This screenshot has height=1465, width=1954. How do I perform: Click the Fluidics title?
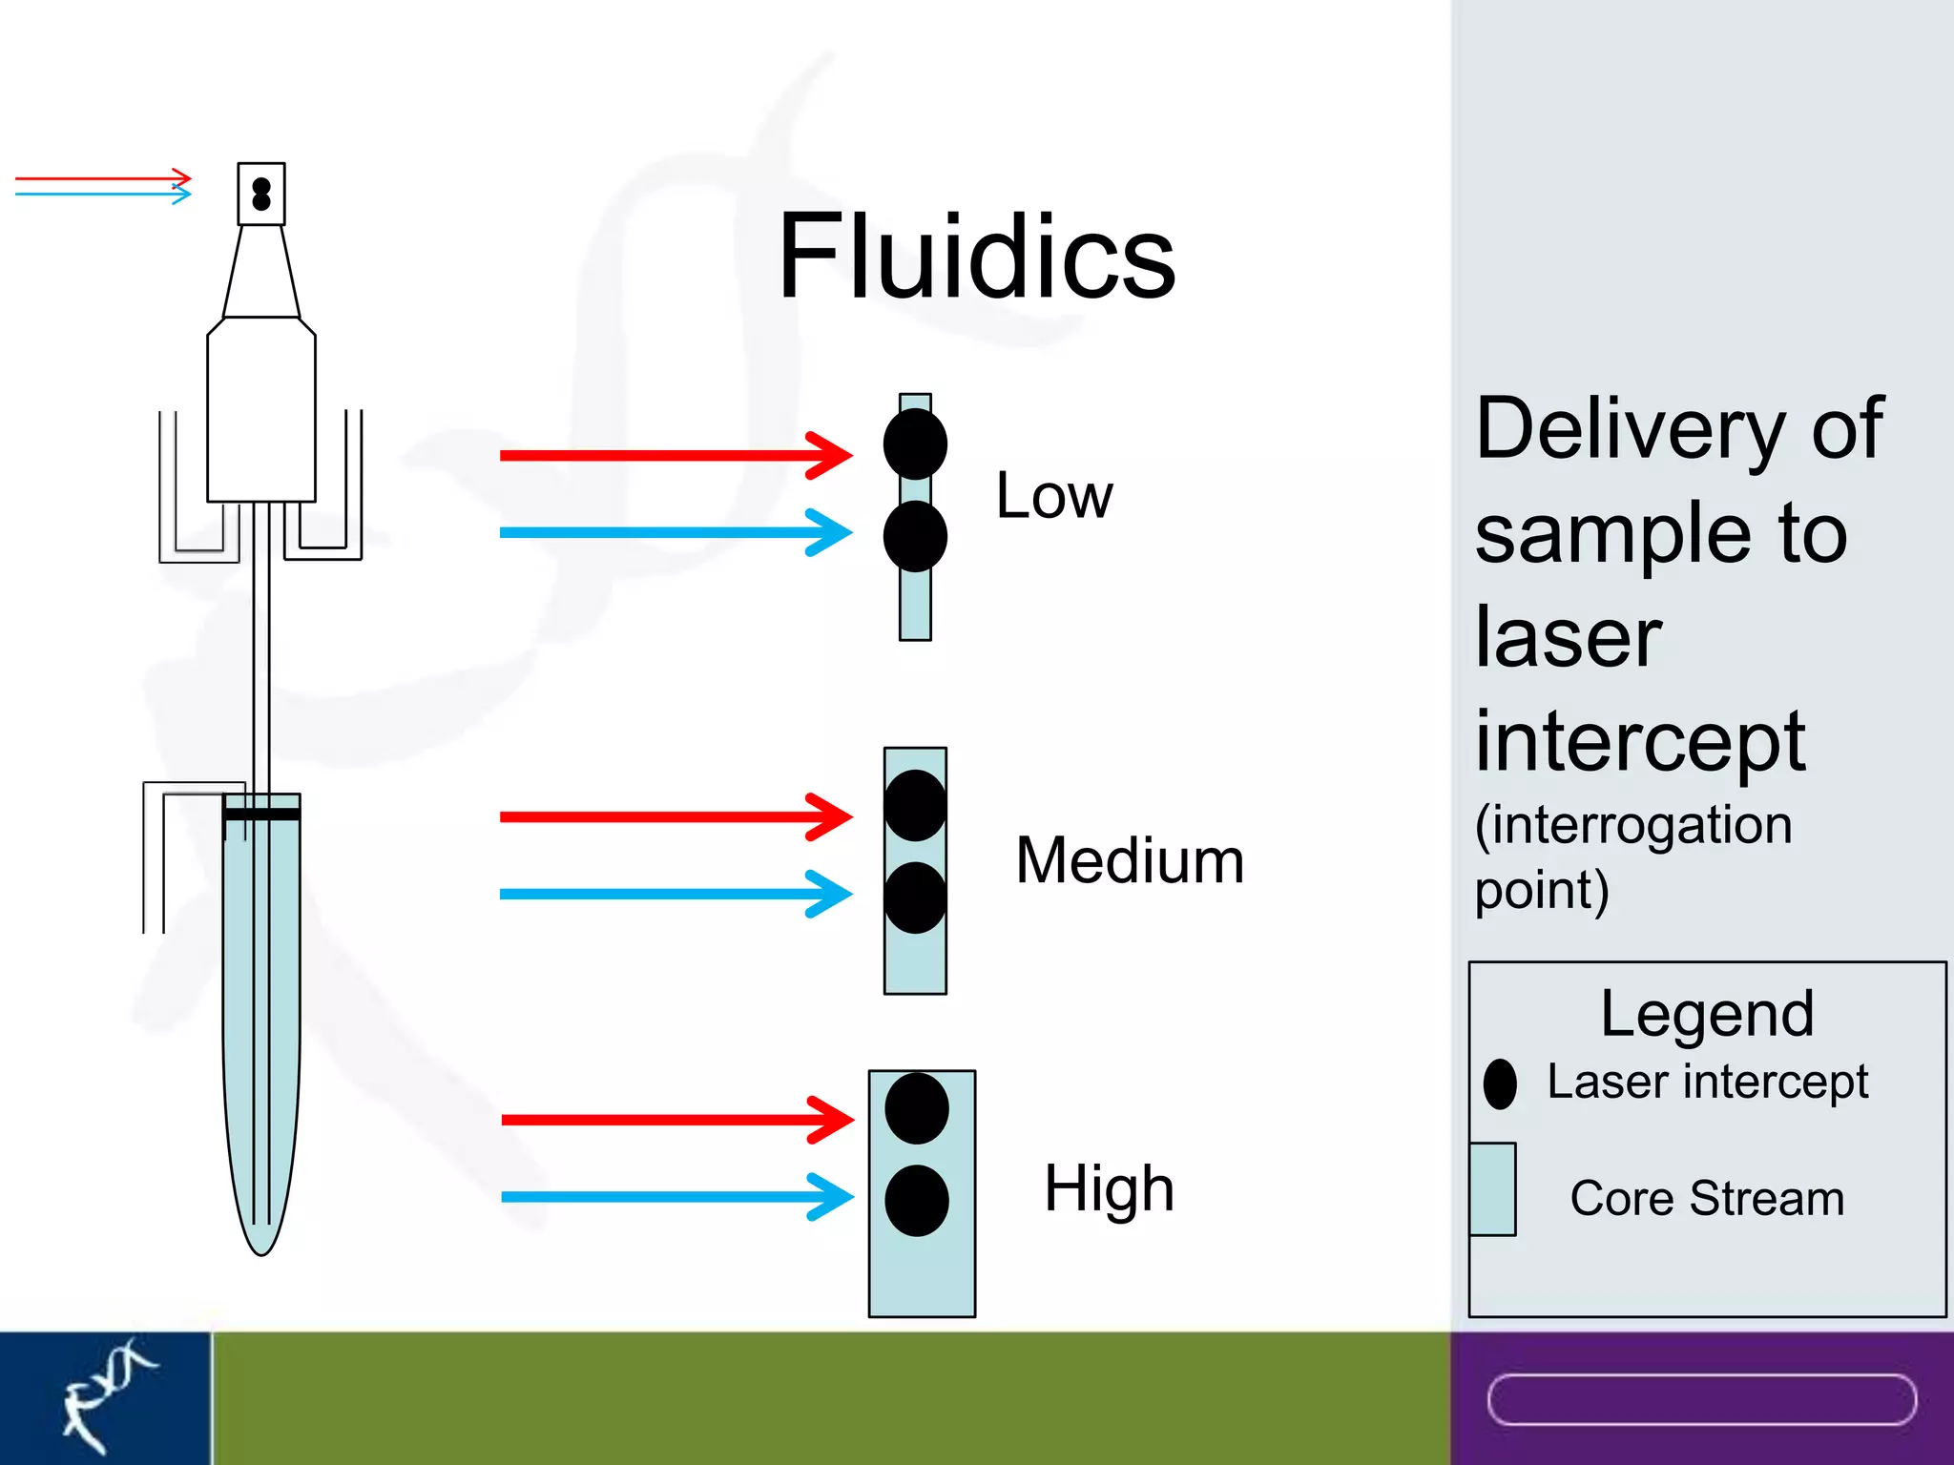[976, 258]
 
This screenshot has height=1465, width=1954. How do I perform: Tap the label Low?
[1053, 497]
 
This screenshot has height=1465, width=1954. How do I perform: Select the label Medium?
[1130, 861]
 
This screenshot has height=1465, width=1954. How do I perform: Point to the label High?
[1109, 1189]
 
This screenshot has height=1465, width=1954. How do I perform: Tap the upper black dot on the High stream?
[916, 1108]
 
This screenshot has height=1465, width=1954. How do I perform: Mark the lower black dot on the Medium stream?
[915, 898]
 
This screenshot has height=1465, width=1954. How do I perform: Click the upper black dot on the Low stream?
[915, 444]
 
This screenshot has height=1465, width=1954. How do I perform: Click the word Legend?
[1707, 1015]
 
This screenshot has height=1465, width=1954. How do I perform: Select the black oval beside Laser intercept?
[1500, 1084]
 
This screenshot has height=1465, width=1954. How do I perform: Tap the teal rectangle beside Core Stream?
[1492, 1188]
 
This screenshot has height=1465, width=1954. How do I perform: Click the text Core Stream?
[1707, 1199]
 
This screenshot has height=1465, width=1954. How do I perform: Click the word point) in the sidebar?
[1541, 891]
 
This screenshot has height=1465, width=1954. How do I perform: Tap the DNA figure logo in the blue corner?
[105, 1396]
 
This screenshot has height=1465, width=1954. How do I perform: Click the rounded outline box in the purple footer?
[1701, 1400]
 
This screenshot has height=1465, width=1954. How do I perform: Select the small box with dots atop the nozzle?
[261, 194]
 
